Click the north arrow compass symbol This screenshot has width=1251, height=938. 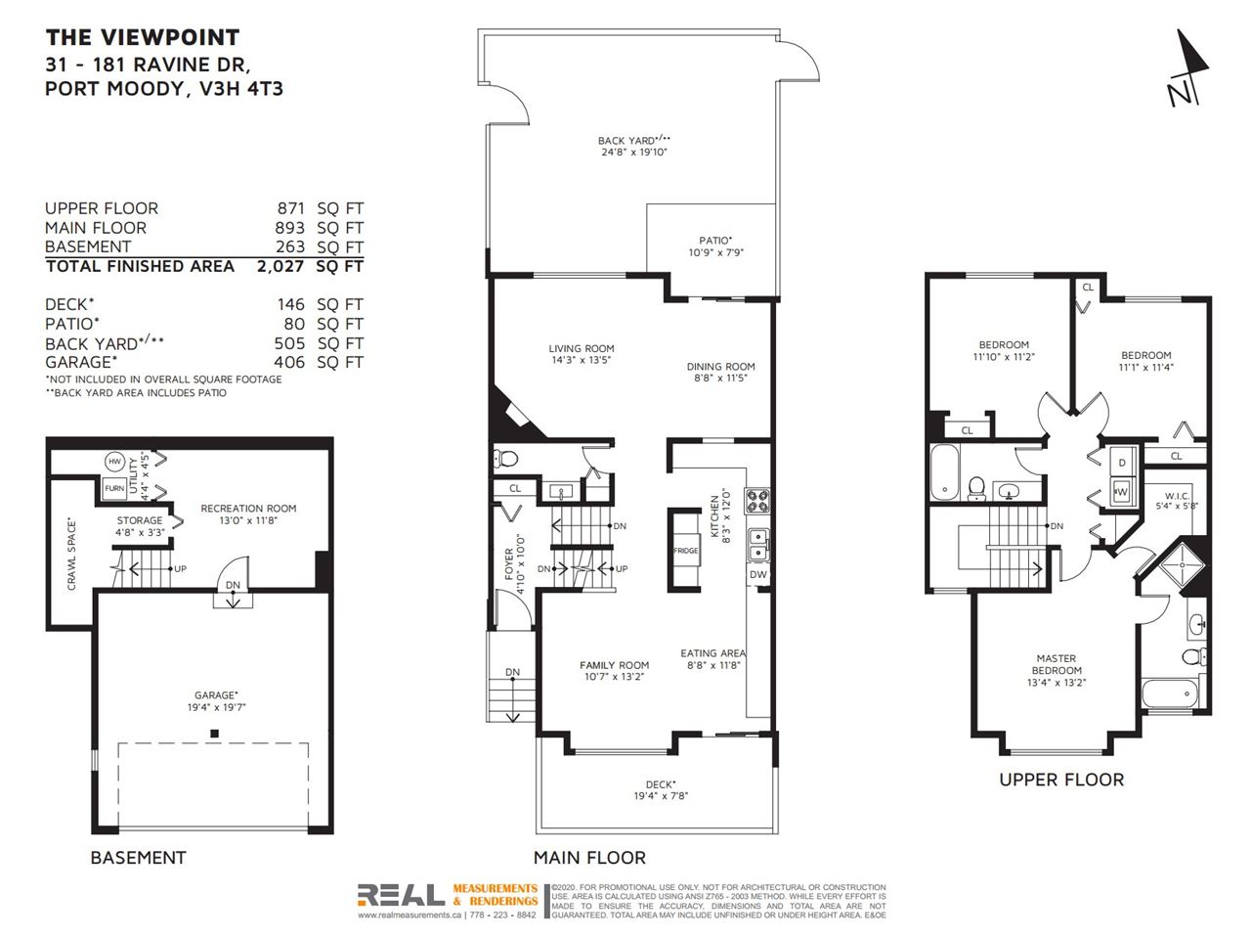click(x=1188, y=69)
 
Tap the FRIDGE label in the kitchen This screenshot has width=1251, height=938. click(x=685, y=551)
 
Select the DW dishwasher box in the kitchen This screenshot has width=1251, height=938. click(x=757, y=574)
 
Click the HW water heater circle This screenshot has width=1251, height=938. click(x=114, y=462)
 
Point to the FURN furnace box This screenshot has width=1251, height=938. click(x=114, y=488)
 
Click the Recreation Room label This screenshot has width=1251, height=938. click(x=248, y=514)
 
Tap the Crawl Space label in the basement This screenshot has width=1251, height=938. click(x=71, y=554)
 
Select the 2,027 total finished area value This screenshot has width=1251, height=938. click(x=280, y=266)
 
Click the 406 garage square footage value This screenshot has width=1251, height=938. click(x=289, y=362)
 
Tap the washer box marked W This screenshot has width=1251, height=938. click(x=1121, y=492)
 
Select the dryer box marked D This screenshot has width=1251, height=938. click(x=1122, y=463)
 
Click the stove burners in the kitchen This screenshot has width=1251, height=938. click(x=757, y=502)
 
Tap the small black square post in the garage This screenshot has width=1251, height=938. click(x=214, y=734)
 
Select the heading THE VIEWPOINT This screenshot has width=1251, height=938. click(x=143, y=37)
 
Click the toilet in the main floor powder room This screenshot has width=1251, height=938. click(x=505, y=458)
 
